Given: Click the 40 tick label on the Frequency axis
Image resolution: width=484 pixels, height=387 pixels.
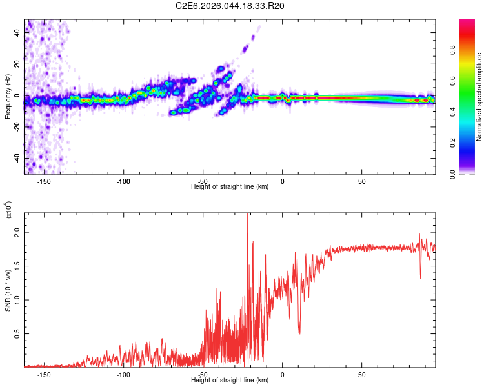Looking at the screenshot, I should coord(17,34).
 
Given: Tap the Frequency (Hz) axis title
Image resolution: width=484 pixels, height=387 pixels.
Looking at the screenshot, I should coord(7,97).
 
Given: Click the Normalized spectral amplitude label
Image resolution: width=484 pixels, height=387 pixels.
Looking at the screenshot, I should coord(479,97).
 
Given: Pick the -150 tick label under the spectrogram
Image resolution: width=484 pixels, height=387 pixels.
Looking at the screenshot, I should coord(44,181).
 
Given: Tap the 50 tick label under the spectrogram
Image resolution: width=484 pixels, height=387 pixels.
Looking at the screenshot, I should coord(362,181).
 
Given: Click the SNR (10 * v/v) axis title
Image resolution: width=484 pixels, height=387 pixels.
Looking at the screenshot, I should coord(8,290).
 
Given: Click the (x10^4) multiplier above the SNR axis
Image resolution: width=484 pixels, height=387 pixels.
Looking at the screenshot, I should coord(9,210).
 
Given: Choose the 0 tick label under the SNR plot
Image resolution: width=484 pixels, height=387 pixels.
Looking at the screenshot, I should coord(283,374).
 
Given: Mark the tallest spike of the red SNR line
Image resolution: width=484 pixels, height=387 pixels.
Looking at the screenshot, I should coord(247,215).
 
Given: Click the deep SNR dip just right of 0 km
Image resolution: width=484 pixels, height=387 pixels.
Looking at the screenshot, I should coord(299,332).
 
